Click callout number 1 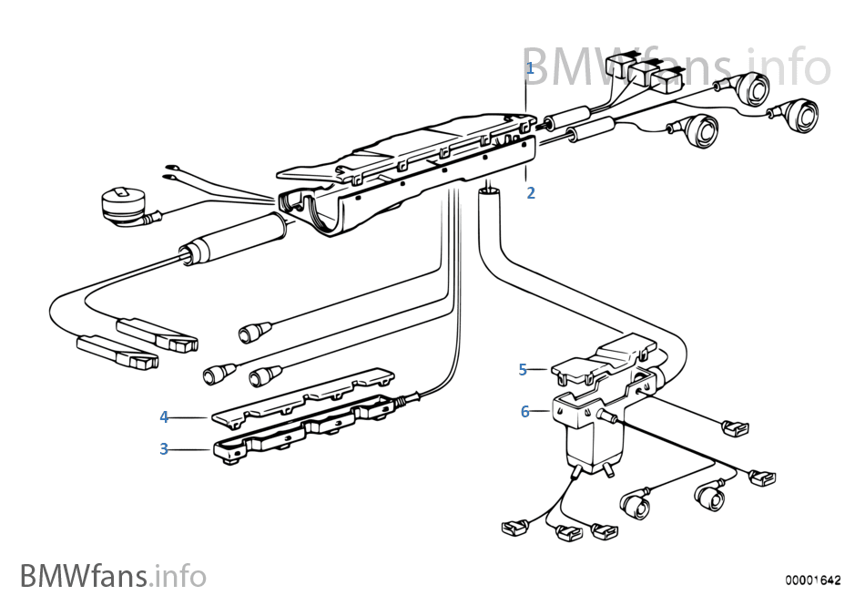pyautogui.click(x=530, y=68)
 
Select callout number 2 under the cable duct pyautogui.click(x=531, y=193)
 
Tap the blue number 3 pyautogui.click(x=164, y=449)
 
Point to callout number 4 pyautogui.click(x=164, y=417)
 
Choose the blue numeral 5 pyautogui.click(x=523, y=369)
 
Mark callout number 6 pyautogui.click(x=524, y=412)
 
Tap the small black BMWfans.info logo pyautogui.click(x=113, y=576)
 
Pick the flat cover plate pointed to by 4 pyautogui.click(x=300, y=396)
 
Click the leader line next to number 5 pyautogui.click(x=538, y=369)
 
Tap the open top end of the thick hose pyautogui.click(x=489, y=190)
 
